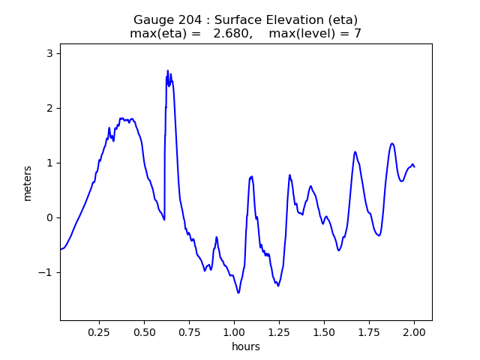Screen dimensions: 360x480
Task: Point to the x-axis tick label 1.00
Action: [234, 332]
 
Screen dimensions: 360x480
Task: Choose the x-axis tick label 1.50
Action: [324, 332]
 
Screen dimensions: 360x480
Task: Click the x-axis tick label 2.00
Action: [414, 332]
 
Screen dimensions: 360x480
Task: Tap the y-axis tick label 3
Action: [49, 53]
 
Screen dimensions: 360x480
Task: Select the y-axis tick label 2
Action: [49, 108]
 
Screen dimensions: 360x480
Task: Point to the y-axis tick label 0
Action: [49, 217]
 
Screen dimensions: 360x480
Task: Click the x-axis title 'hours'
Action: [246, 346]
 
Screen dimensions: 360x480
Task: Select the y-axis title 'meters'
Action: [28, 183]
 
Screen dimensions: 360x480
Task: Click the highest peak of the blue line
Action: [168, 70]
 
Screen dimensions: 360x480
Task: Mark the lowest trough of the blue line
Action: [238, 292]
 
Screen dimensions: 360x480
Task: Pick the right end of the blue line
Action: [414, 166]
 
